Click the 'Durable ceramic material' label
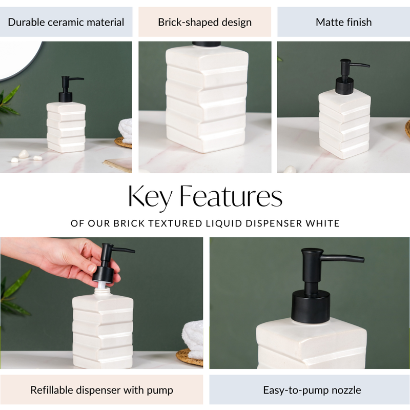[x=66, y=22]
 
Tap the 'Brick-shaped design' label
[x=204, y=22]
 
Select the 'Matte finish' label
[x=343, y=22]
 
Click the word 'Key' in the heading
[x=149, y=196]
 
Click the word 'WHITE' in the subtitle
[x=321, y=223]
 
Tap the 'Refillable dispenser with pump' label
[x=101, y=390]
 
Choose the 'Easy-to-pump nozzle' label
[x=312, y=390]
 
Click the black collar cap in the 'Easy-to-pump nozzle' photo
[x=311, y=306]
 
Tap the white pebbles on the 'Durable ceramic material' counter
[x=24, y=154]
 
